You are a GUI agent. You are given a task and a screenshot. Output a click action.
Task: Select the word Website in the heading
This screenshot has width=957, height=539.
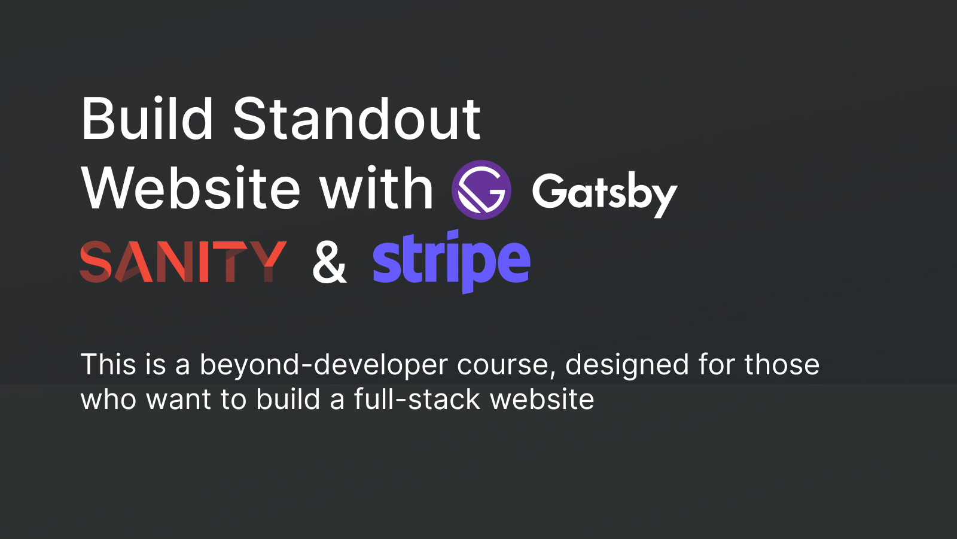tap(191, 189)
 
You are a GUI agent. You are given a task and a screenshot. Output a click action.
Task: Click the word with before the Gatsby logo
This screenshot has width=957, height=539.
tap(376, 189)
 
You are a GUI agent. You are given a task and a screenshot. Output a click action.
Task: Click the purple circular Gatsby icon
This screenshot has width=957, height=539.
tap(481, 190)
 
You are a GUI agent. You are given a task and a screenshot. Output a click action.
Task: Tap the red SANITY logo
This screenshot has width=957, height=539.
tap(183, 262)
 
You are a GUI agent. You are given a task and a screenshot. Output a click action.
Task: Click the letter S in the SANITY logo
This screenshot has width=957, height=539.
tap(96, 262)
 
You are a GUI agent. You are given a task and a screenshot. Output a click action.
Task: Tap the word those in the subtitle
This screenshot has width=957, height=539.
tap(782, 365)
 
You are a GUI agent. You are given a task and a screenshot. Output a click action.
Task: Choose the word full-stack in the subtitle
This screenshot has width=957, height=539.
tap(417, 399)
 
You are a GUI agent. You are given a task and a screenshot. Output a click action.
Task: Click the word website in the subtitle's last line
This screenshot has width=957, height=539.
tap(542, 399)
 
